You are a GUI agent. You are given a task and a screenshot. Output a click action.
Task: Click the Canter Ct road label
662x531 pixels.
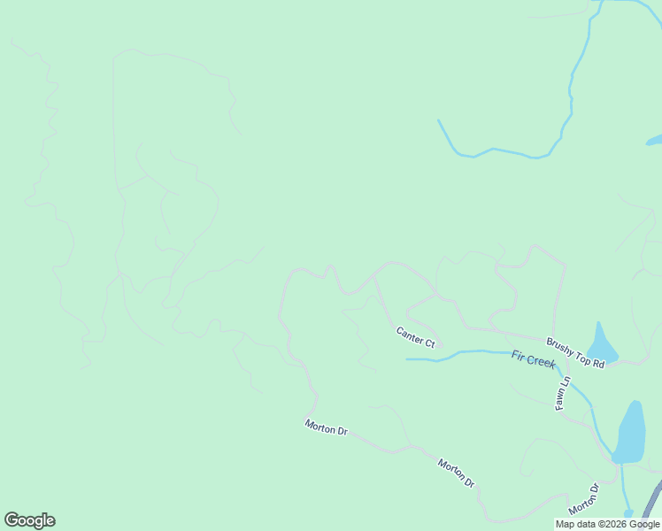(415, 336)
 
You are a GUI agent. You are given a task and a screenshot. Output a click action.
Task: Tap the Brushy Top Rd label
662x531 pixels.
(575, 352)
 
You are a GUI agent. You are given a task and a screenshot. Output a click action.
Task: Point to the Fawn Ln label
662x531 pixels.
(561, 390)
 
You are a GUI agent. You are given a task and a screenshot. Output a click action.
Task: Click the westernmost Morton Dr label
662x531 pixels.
(326, 428)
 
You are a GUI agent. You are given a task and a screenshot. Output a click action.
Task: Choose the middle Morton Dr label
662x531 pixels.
(457, 473)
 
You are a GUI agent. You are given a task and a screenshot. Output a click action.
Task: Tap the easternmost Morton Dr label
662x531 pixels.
(583, 499)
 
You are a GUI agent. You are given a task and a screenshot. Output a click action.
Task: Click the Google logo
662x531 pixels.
(29, 520)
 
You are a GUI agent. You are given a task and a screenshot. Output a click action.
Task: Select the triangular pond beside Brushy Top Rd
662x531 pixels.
(602, 343)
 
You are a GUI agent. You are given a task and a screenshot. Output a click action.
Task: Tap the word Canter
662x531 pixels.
(409, 334)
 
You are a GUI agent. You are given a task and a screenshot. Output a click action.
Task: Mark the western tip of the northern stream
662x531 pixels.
(438, 120)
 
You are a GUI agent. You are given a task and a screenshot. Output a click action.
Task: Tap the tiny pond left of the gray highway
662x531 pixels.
(627, 512)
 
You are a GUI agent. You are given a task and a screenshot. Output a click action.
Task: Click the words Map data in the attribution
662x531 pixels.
(573, 524)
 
